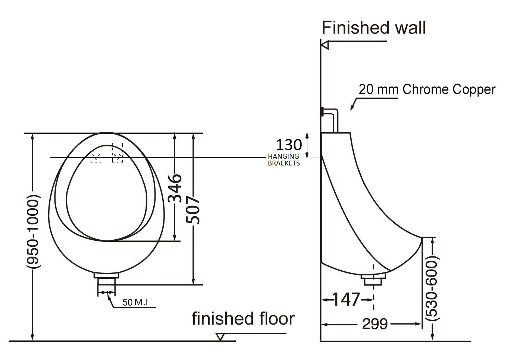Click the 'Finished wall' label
click(373, 28)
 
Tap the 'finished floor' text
click(243, 319)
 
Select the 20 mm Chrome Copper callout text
click(427, 89)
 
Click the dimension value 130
click(289, 145)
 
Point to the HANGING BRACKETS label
click(283, 160)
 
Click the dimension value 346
click(175, 188)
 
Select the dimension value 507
click(193, 211)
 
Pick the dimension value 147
click(346, 299)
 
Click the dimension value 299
click(375, 324)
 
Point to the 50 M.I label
click(135, 303)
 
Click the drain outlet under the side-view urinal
click(374, 279)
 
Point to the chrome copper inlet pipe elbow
click(335, 112)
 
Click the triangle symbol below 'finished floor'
click(220, 337)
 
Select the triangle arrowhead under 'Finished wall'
click(325, 45)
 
